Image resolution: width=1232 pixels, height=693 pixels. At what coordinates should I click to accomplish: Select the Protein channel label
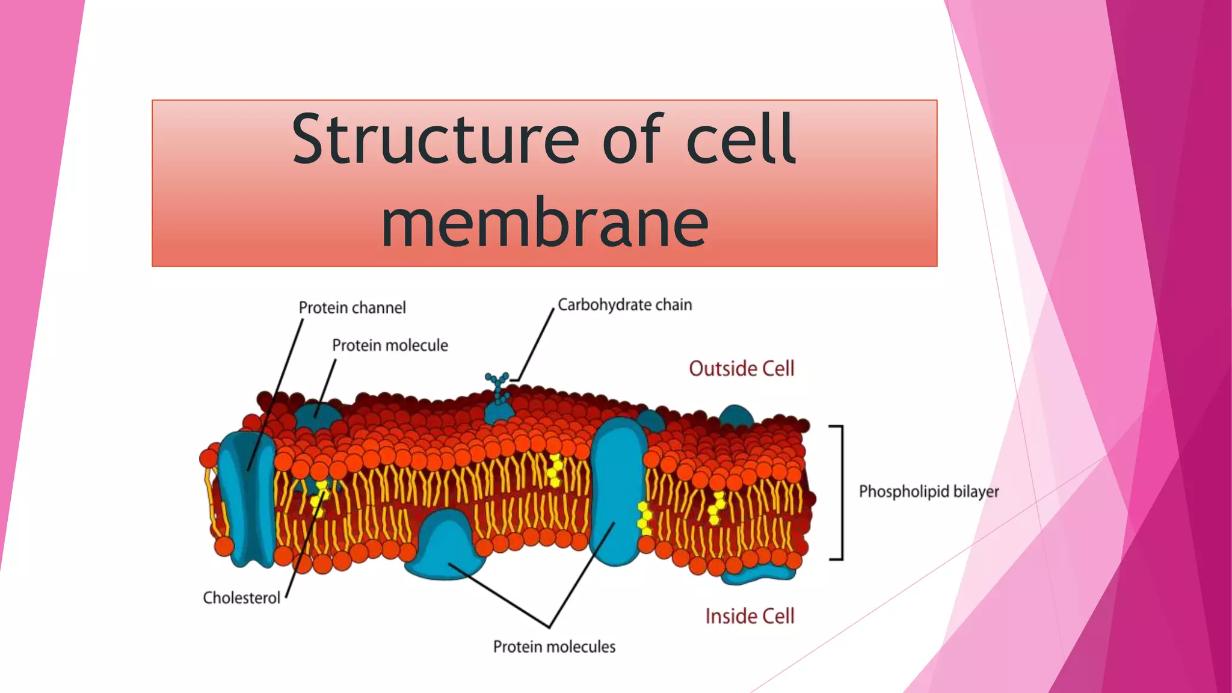click(352, 308)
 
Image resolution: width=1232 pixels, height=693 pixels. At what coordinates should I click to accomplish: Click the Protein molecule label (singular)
click(390, 345)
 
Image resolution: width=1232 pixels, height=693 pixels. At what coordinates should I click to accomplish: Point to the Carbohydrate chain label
click(624, 305)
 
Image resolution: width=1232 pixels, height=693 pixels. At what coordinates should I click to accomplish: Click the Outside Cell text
click(741, 368)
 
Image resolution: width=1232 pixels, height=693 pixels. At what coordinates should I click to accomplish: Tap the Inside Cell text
click(750, 616)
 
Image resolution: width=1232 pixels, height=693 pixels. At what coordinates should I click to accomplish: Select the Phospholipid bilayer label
click(928, 491)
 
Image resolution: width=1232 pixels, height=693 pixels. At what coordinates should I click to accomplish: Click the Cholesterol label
click(241, 598)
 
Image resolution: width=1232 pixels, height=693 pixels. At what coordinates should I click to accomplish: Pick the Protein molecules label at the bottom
click(554, 647)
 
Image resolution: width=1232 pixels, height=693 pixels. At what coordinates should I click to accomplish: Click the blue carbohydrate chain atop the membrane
click(497, 384)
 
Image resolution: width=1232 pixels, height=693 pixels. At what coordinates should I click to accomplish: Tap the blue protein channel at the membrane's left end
click(246, 499)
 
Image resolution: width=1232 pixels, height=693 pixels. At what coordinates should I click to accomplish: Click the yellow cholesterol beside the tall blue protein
click(644, 519)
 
